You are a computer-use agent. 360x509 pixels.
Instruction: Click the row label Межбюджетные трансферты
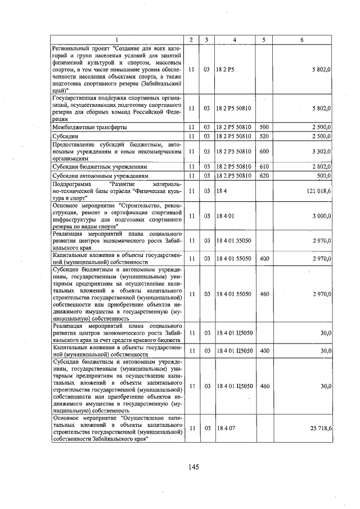[x=89, y=127]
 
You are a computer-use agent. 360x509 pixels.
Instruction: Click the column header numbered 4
[x=234, y=40]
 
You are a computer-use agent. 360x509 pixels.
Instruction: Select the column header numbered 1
[x=117, y=40]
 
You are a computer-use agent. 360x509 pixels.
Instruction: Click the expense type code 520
[x=264, y=136]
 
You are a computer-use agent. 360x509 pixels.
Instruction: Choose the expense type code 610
[x=264, y=167]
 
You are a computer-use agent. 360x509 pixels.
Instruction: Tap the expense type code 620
[x=264, y=175]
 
